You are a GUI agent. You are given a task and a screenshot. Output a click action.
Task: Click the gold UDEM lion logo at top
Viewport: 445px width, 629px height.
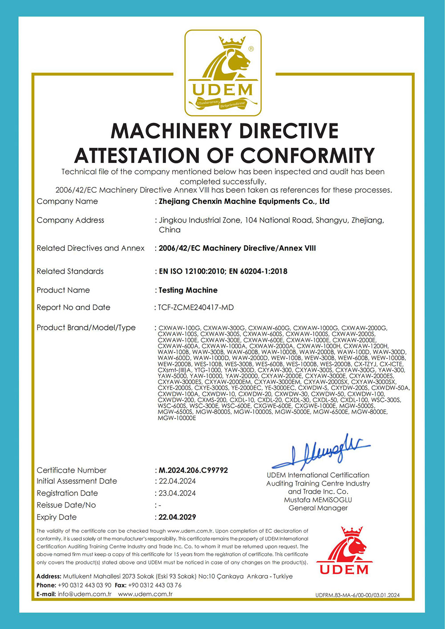pyautogui.click(x=223, y=73)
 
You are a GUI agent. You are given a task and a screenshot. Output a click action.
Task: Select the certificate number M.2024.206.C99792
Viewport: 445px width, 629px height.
pyautogui.click(x=193, y=470)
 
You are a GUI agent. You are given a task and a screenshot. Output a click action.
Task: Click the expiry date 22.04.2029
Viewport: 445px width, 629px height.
pyautogui.click(x=177, y=517)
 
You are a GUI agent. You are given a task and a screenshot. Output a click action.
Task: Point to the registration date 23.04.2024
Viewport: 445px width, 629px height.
pyautogui.click(x=177, y=493)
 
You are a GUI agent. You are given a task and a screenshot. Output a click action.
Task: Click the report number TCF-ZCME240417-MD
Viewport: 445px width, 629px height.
pyautogui.click(x=196, y=308)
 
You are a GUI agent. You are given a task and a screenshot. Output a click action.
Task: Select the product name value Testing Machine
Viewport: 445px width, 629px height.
pyautogui.click(x=188, y=290)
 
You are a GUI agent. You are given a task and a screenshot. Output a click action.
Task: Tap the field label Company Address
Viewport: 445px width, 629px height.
pyautogui.click(x=70, y=220)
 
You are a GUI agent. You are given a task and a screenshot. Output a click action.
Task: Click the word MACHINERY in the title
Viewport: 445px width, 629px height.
pyautogui.click(x=171, y=131)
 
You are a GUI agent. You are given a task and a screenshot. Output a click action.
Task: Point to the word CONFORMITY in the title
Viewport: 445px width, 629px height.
pyautogui.click(x=307, y=156)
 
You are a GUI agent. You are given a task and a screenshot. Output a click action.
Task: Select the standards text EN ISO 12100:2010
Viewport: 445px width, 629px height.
pyautogui.click(x=192, y=271)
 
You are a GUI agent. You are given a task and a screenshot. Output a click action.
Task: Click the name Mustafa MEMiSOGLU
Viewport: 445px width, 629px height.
pyautogui.click(x=318, y=500)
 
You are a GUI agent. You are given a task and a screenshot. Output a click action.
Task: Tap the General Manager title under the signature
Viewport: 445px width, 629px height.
pyautogui.click(x=318, y=508)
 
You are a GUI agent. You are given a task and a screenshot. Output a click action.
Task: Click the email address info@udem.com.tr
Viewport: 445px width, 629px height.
pyautogui.click(x=85, y=594)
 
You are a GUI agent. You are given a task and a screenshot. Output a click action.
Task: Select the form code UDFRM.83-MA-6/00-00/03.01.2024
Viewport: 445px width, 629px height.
pyautogui.click(x=357, y=595)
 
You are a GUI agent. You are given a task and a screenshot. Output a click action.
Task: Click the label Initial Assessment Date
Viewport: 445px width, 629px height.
pyautogui.click(x=77, y=481)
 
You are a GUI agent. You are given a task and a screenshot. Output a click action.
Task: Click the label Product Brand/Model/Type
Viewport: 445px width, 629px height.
pyautogui.click(x=86, y=328)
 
